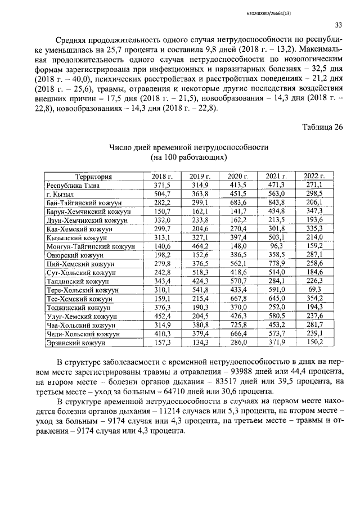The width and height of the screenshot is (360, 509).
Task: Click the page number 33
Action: [x=338, y=24]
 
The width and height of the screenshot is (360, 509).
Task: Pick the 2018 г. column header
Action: [x=162, y=176]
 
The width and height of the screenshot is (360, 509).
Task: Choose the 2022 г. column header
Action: [x=314, y=176]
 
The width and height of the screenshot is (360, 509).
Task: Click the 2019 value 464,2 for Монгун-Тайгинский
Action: [x=199, y=246]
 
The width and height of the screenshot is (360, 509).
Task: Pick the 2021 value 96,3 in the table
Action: [x=276, y=246]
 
